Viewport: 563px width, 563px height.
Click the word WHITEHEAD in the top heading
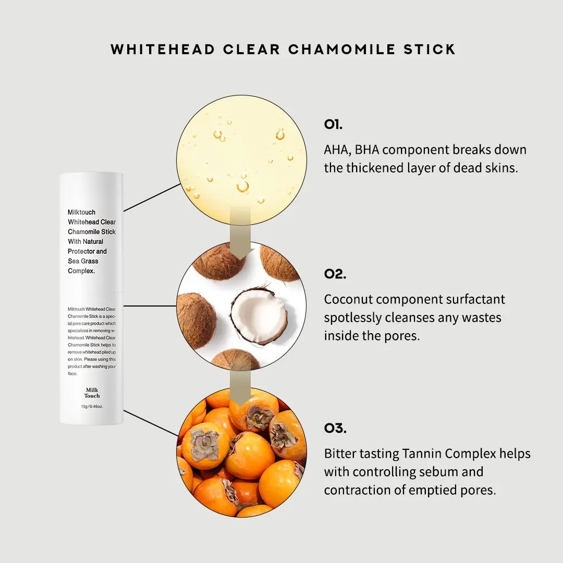pos(163,49)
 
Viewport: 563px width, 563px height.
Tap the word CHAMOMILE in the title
pos(342,49)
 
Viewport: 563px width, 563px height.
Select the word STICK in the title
pos(430,49)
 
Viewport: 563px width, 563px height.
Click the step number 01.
pos(333,125)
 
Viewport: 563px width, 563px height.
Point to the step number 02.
pos(335,274)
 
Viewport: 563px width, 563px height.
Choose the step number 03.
pos(335,428)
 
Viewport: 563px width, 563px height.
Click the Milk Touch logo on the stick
pos(92,393)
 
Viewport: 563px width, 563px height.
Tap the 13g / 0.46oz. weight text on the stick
pos(92,407)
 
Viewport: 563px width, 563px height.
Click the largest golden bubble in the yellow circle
pos(243,186)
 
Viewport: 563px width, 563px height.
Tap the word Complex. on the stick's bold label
pos(81,271)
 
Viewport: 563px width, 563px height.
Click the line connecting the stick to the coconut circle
pos(150,307)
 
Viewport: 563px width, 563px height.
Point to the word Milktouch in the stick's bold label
pos(81,212)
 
